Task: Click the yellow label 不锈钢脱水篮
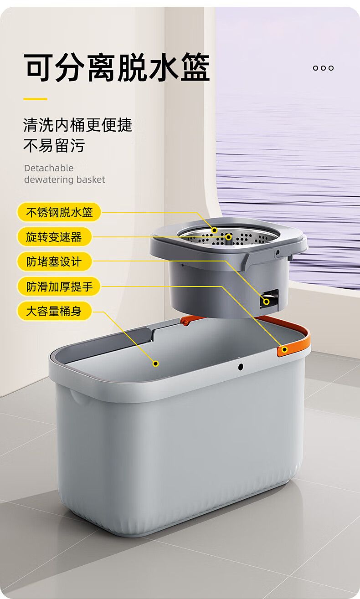[59, 212]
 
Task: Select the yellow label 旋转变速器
[54, 237]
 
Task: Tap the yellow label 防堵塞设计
[54, 261]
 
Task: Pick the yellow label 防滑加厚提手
[59, 287]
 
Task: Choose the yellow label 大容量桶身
[54, 311]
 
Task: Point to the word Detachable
[49, 168]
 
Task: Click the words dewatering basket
[64, 179]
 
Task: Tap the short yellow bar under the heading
[35, 99]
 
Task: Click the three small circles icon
[323, 68]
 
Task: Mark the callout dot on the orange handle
[284, 349]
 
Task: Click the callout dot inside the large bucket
[156, 363]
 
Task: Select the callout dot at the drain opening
[267, 302]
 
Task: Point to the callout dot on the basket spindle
[228, 237]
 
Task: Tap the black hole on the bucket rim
[241, 367]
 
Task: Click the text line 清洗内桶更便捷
[77, 125]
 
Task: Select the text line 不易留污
[54, 145]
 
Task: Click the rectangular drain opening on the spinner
[269, 299]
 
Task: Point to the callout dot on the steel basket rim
[215, 230]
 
